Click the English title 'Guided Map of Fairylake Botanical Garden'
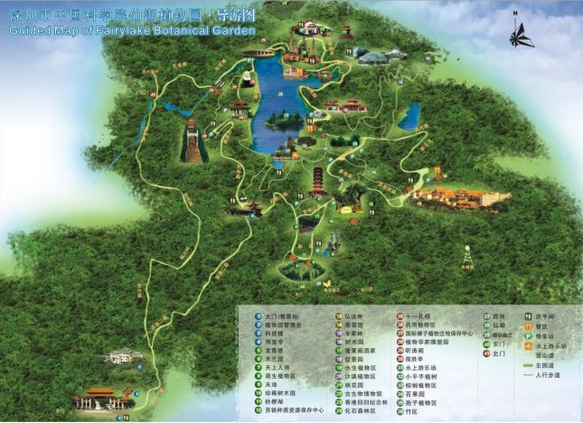click(131, 30)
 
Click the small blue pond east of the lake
click(412, 116)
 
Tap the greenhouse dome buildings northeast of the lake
click(371, 56)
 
